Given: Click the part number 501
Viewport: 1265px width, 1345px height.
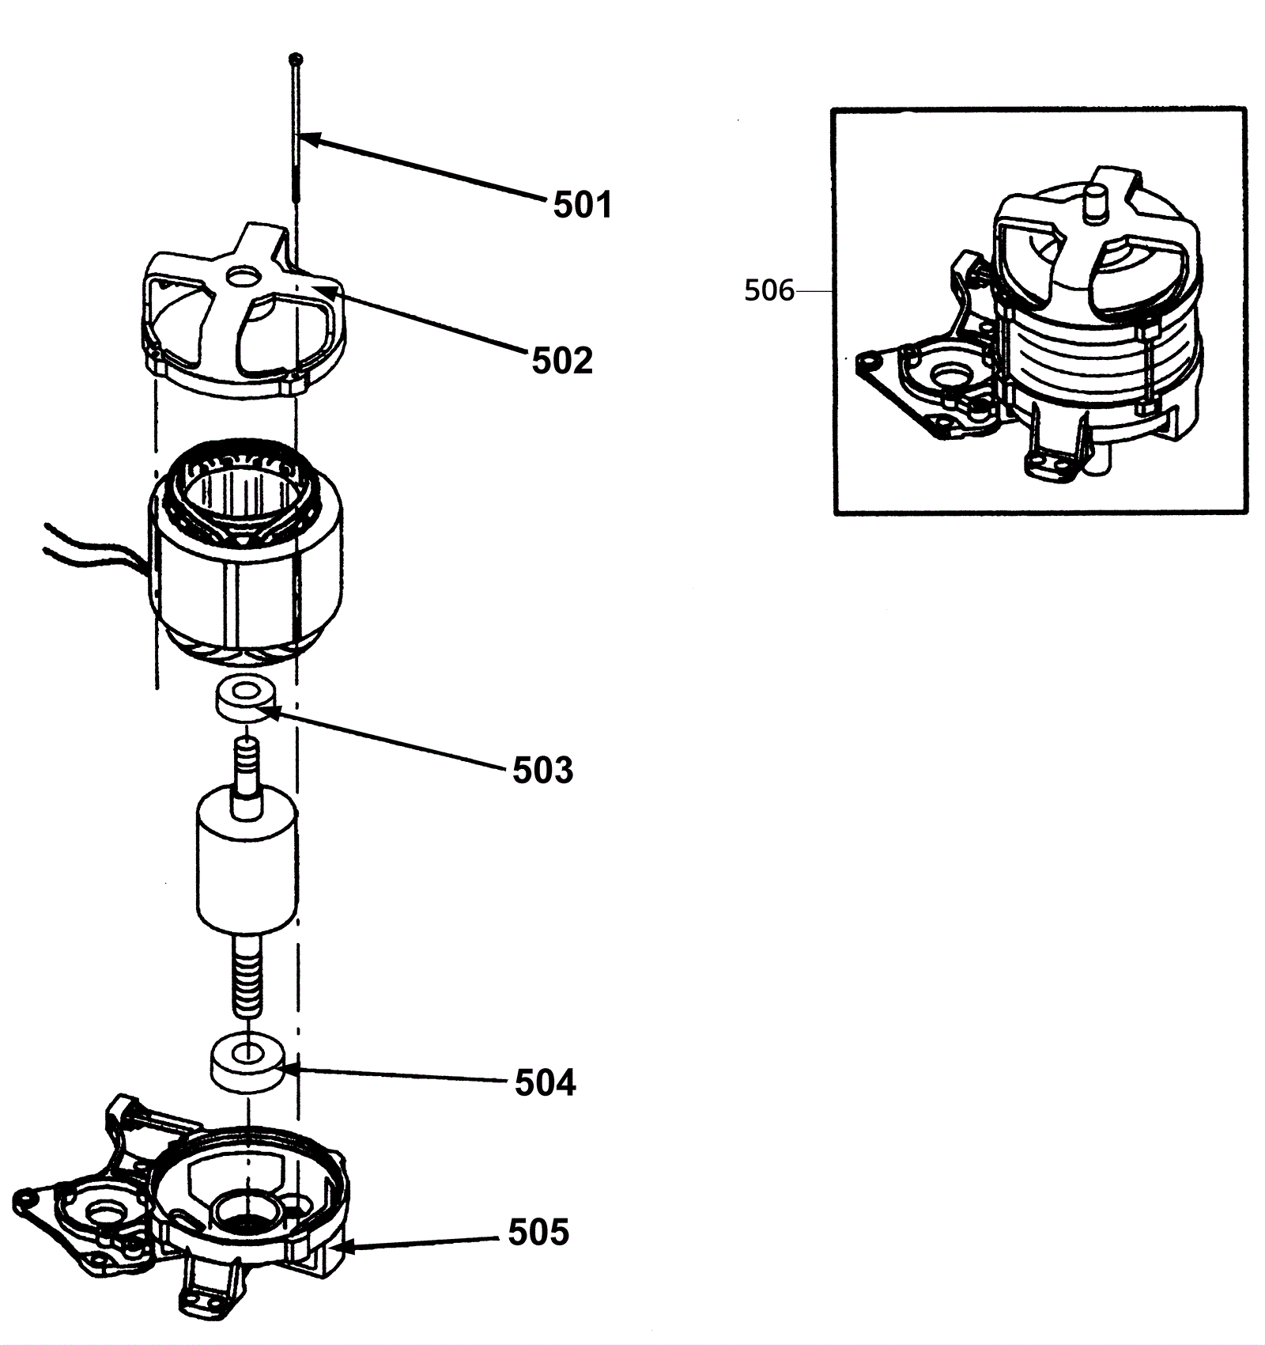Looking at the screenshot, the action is (x=583, y=205).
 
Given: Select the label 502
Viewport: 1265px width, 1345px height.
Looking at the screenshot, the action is (x=562, y=361).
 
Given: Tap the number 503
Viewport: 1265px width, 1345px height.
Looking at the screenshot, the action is (x=543, y=770).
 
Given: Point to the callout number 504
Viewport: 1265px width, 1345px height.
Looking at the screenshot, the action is (x=546, y=1082).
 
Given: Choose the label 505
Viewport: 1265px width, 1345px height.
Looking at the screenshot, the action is (x=538, y=1232).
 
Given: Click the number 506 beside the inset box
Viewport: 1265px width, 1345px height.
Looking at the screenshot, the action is (x=769, y=291).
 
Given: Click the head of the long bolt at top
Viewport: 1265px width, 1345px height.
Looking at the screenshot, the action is (x=296, y=59).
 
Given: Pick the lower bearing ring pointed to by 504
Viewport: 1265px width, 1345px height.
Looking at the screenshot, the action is (x=247, y=1062).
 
